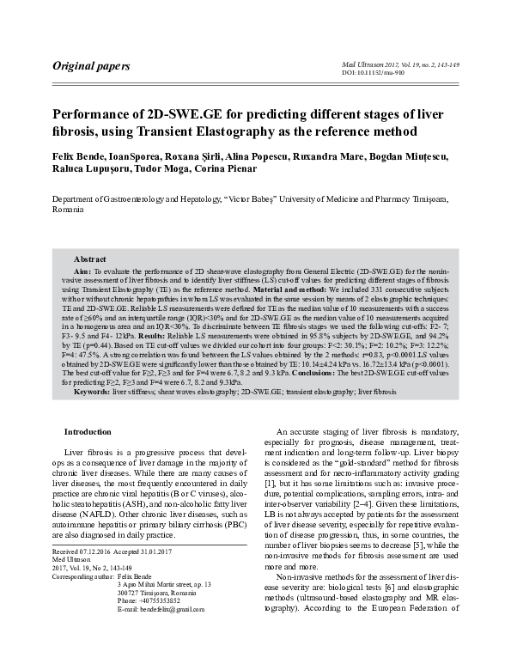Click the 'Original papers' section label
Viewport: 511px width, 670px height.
91,65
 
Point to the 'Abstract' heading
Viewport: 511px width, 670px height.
90,259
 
